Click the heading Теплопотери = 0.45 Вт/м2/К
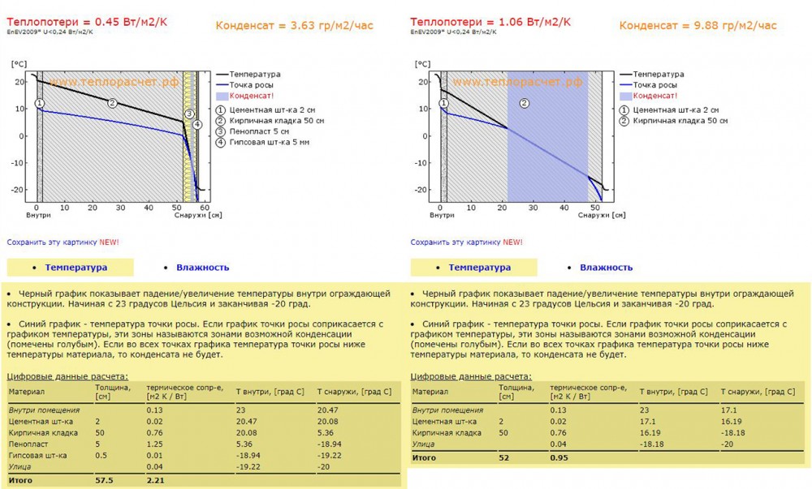(87, 21)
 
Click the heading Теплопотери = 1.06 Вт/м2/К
(490, 21)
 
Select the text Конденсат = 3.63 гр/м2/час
(294, 26)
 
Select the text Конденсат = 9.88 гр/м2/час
(698, 26)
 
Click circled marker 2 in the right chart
(525, 103)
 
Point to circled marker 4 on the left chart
(197, 125)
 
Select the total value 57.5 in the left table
(104, 481)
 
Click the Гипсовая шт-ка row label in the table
(37, 456)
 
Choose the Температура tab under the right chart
(479, 268)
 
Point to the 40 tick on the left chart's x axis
(148, 208)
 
